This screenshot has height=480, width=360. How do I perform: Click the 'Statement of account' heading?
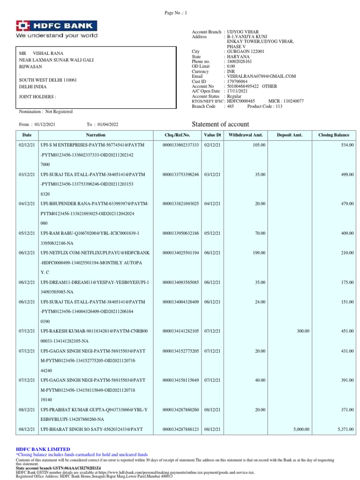(x=221, y=124)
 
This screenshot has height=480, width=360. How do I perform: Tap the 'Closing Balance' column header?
(x=333, y=135)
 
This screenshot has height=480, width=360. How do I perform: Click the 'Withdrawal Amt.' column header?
(x=245, y=135)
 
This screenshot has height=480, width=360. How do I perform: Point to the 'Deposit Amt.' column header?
(x=289, y=135)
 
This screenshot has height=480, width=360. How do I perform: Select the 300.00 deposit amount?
(x=303, y=331)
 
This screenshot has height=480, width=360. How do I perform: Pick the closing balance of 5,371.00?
(x=344, y=429)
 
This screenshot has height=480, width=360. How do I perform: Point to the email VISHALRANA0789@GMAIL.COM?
(x=261, y=76)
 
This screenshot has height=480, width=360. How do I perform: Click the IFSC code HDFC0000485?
(x=241, y=101)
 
